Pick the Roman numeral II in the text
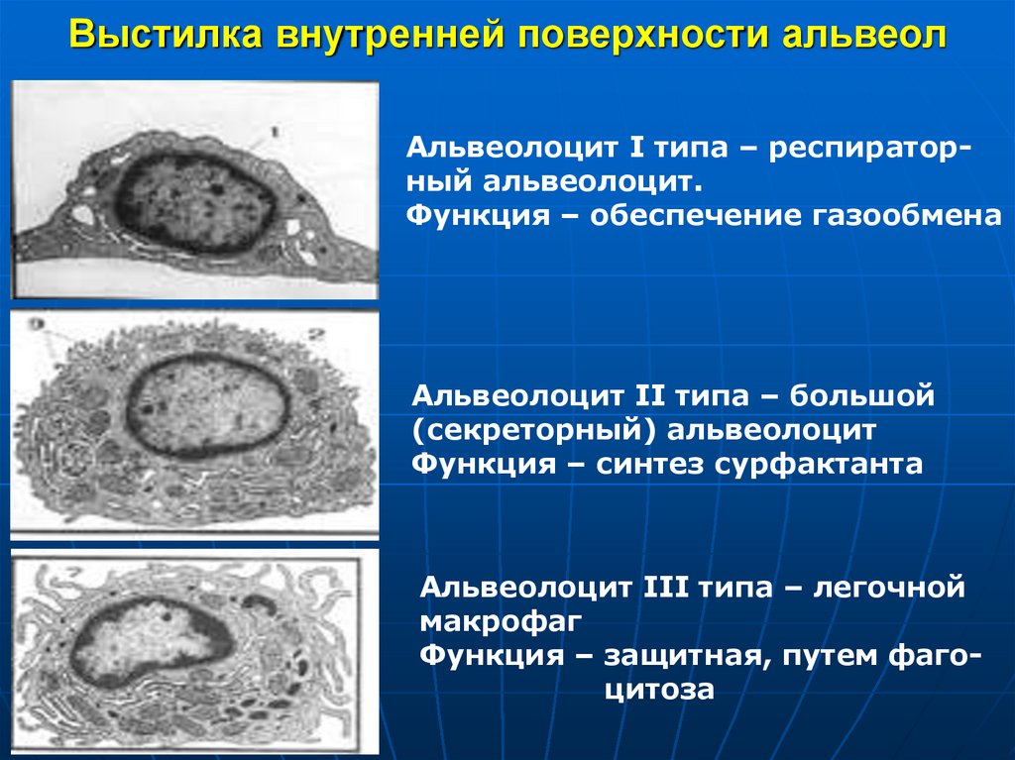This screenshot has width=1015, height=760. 645,397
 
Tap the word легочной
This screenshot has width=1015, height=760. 888,588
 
